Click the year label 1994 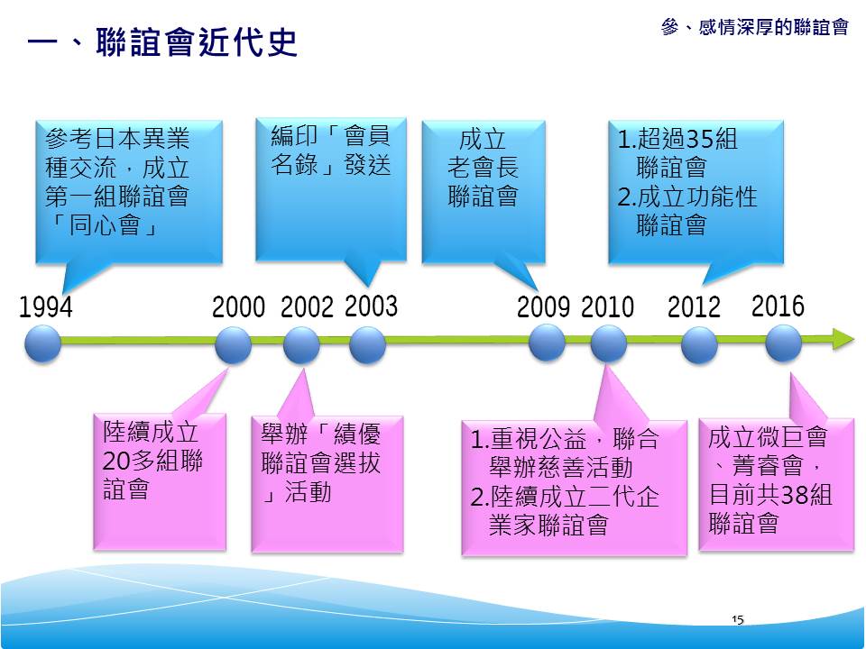click(x=46, y=306)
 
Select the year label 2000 click(x=238, y=306)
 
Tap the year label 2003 click(x=371, y=306)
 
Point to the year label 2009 click(x=543, y=306)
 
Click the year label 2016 click(x=778, y=306)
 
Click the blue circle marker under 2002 click(x=301, y=345)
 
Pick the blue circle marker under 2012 click(x=699, y=345)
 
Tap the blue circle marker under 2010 click(x=609, y=343)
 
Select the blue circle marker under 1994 click(x=43, y=343)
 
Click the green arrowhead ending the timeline click(x=844, y=339)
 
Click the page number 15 click(x=737, y=620)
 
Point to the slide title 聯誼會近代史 click(x=197, y=41)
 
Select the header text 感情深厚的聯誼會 click(x=773, y=26)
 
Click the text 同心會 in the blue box click(x=105, y=225)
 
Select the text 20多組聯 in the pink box click(x=152, y=460)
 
